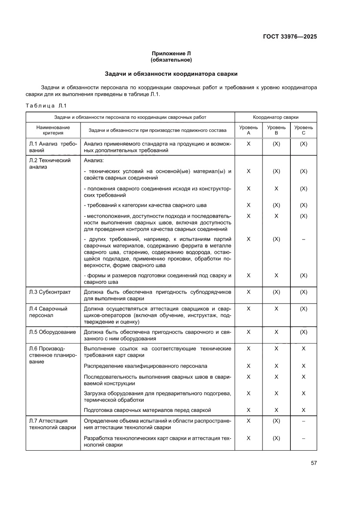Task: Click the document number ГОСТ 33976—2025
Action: pyautogui.click(x=289, y=37)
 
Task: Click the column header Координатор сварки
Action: pyautogui.click(x=276, y=117)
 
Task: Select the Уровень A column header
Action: pyautogui.click(x=249, y=130)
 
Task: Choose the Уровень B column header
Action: pyautogui.click(x=276, y=130)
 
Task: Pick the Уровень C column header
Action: pyautogui.click(x=303, y=130)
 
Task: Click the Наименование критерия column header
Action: pyautogui.click(x=53, y=130)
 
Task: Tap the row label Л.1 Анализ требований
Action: pyautogui.click(x=53, y=147)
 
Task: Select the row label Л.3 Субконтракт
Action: pyautogui.click(x=50, y=292)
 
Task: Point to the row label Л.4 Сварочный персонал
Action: pyautogui.click(x=48, y=312)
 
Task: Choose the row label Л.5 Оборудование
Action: pyautogui.click(x=52, y=332)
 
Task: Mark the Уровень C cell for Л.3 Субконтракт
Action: pyautogui.click(x=303, y=292)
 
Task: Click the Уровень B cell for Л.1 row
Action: pyautogui.click(x=276, y=144)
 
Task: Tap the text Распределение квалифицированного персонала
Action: pyautogui.click(x=145, y=366)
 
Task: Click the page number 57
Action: pyautogui.click(x=313, y=463)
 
